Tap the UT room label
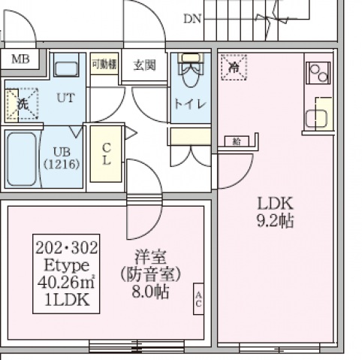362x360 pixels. [66, 97]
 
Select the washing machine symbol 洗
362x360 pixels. [21, 105]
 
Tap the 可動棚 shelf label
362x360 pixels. [103, 64]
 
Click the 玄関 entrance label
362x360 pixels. [145, 65]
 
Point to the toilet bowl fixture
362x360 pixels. [192, 74]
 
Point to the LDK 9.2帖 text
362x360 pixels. [275, 212]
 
